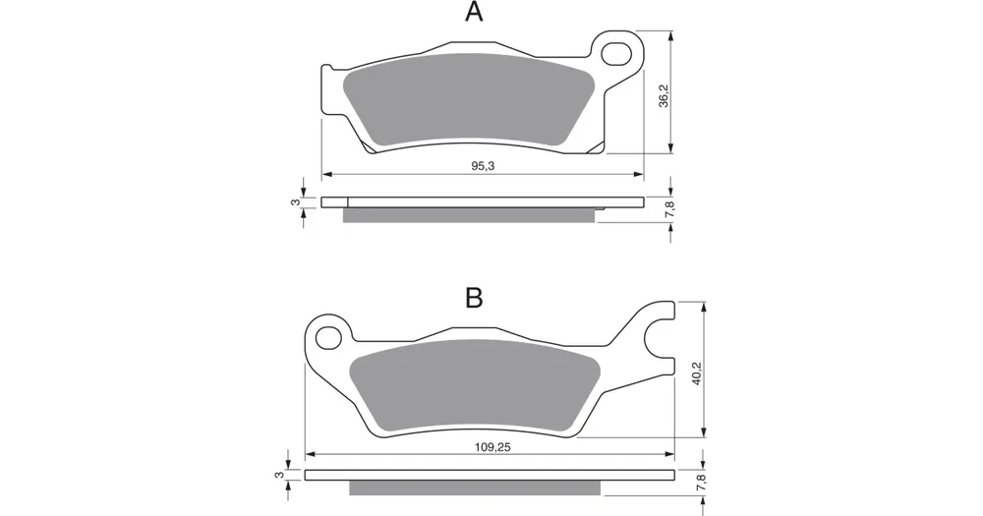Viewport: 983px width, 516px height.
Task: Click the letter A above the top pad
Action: (x=474, y=11)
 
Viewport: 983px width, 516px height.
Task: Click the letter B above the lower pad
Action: (x=474, y=299)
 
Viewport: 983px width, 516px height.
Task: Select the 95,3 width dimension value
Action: (x=483, y=165)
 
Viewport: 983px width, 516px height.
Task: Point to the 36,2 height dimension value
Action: (x=664, y=96)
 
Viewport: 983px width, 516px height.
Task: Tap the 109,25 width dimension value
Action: (x=492, y=447)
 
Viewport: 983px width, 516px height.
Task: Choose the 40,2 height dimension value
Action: (x=698, y=373)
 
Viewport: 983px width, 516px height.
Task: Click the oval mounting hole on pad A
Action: (x=616, y=54)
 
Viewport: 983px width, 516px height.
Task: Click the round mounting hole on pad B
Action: (x=326, y=338)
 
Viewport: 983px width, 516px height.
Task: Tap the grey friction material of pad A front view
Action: (x=470, y=100)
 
